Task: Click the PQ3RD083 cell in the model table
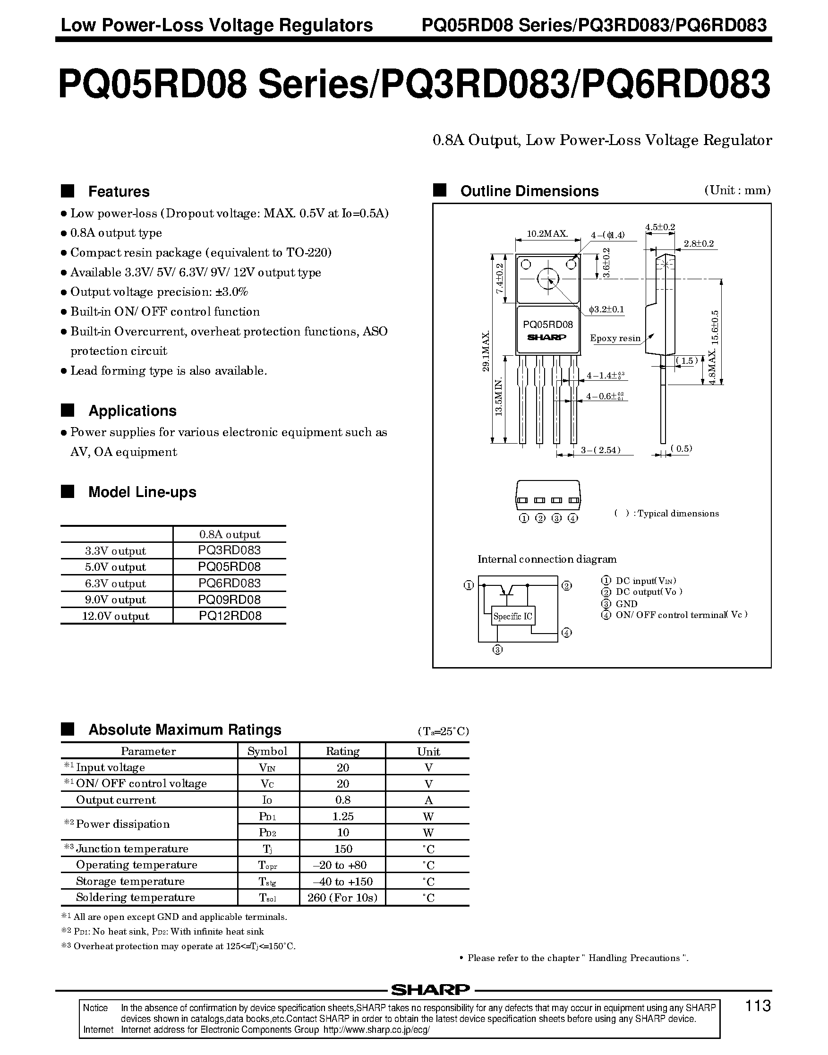[x=229, y=550]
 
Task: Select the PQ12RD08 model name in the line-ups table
[x=230, y=616]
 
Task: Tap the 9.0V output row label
[x=115, y=600]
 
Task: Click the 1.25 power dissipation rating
[x=343, y=816]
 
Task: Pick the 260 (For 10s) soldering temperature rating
[x=342, y=897]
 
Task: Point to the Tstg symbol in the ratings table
[x=268, y=882]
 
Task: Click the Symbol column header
[x=268, y=751]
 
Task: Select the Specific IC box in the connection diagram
[x=513, y=616]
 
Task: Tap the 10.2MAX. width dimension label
[x=547, y=234]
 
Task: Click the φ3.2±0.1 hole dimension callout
[x=606, y=309]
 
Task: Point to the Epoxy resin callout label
[x=615, y=338]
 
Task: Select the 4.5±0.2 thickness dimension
[x=660, y=227]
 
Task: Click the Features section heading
[x=119, y=191]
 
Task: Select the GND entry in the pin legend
[x=626, y=604]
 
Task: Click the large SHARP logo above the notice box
[x=430, y=989]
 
